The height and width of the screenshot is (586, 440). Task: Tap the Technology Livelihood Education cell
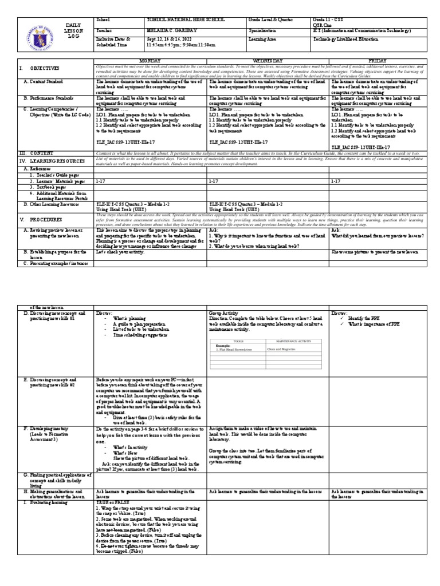pos(367,37)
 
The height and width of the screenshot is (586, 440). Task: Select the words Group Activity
pos(222,314)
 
